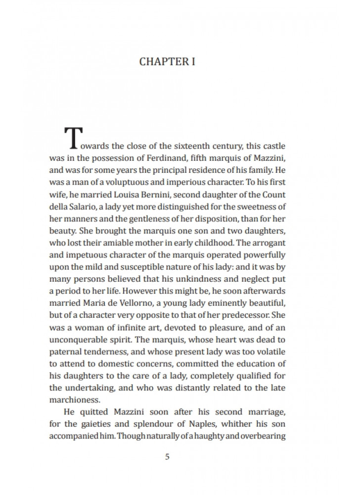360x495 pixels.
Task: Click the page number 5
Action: pos(167,456)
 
